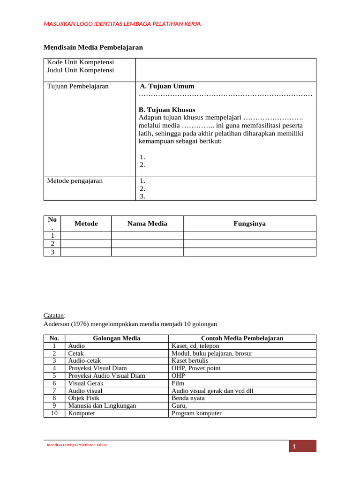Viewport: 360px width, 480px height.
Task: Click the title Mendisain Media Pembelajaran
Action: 93,47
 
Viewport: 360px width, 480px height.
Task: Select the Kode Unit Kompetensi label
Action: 81,62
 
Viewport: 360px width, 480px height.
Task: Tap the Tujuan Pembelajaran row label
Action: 78,86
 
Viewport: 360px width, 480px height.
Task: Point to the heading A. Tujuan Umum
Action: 167,86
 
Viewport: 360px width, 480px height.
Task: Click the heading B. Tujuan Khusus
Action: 167,110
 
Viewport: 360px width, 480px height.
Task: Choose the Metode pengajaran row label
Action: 75,181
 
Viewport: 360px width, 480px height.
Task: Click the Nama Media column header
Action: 147,224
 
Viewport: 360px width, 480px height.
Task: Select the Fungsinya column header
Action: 249,224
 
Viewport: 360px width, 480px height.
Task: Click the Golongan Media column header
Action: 117,338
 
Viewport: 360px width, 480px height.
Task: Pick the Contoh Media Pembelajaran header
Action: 242,338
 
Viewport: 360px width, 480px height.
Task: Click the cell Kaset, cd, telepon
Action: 195,346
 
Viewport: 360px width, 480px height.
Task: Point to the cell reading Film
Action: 177,383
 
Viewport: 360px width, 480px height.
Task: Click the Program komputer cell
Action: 196,413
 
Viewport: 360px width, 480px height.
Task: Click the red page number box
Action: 302,446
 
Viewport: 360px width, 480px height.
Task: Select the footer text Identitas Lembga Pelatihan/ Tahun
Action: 77,445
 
